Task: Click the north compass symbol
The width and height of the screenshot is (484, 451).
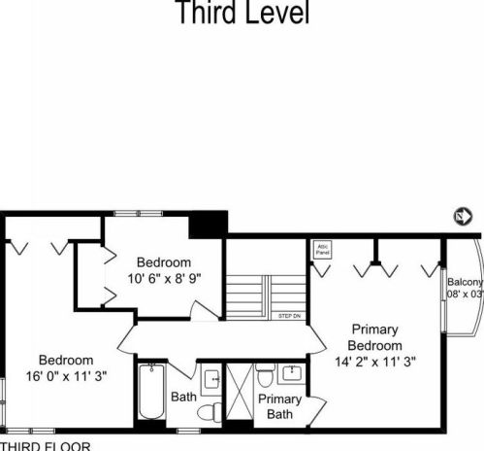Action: pyautogui.click(x=462, y=216)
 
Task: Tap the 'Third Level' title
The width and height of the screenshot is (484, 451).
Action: pyautogui.click(x=242, y=14)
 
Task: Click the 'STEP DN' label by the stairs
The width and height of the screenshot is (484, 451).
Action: pyautogui.click(x=289, y=316)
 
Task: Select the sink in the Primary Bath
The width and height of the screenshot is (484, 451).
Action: pyautogui.click(x=289, y=373)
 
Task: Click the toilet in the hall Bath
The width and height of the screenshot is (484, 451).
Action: pyautogui.click(x=209, y=412)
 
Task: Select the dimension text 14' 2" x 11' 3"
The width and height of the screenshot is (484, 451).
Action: pyautogui.click(x=375, y=363)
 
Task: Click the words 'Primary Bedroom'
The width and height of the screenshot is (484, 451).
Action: pyautogui.click(x=375, y=337)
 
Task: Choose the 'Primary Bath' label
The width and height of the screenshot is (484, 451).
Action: pyautogui.click(x=280, y=406)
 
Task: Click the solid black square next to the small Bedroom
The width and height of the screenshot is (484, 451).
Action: pyautogui.click(x=207, y=224)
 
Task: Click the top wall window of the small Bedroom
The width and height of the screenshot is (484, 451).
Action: pyautogui.click(x=130, y=213)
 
